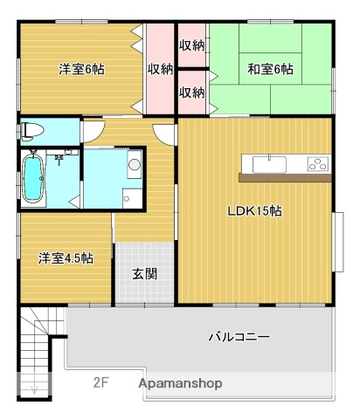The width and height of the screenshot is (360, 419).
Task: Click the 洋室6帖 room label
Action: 82,68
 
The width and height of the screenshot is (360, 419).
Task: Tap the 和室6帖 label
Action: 270,68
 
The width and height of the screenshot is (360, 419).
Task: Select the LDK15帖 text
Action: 254,210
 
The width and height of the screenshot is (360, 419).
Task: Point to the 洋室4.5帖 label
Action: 66,258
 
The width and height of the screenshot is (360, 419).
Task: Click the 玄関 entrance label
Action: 144,273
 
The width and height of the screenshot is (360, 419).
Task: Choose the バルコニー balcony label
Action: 239,336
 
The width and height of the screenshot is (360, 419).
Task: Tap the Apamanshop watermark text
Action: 179,382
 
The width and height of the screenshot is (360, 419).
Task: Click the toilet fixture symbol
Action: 32,131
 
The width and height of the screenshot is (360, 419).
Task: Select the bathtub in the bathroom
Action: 34,178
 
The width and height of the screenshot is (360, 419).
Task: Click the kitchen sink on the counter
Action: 267,163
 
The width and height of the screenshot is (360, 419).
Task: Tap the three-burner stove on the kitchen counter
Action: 316,163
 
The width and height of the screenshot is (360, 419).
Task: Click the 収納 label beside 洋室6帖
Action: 159,68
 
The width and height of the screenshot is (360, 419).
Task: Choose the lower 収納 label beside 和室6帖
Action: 191,91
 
